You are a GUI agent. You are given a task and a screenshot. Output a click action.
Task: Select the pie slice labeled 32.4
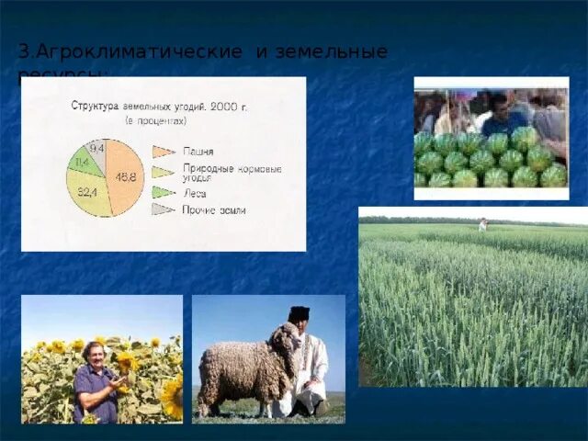click(x=88, y=192)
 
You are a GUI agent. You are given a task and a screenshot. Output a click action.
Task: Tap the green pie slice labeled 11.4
click(x=83, y=164)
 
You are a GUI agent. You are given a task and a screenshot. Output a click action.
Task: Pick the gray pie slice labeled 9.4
click(x=96, y=149)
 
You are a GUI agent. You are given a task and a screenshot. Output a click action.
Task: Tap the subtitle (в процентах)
click(x=155, y=120)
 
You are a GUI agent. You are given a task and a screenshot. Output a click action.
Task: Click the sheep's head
click(x=286, y=341)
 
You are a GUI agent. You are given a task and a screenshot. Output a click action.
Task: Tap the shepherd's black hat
click(x=299, y=313)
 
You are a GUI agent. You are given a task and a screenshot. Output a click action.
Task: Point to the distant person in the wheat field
click(x=482, y=224)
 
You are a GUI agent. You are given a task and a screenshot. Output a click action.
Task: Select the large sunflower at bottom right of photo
click(x=172, y=397)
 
